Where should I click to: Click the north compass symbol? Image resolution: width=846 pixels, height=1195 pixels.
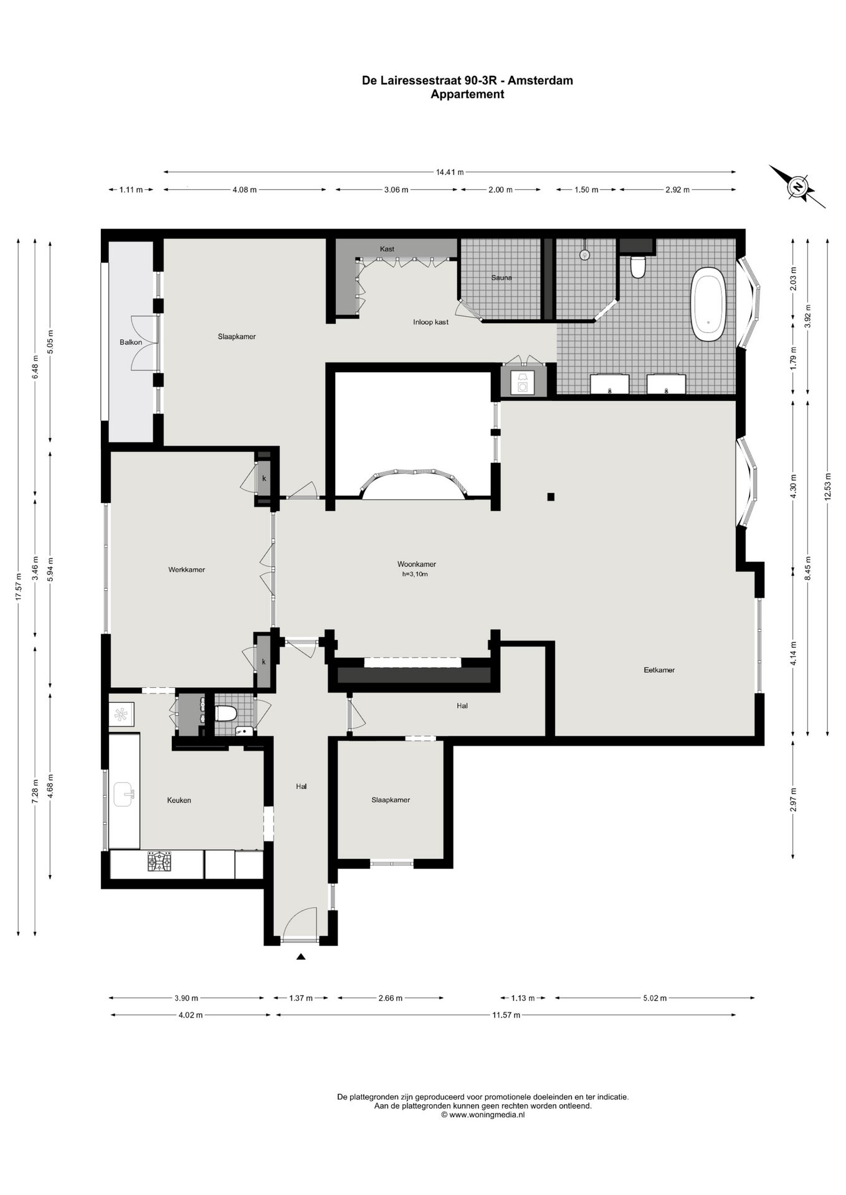click(x=797, y=187)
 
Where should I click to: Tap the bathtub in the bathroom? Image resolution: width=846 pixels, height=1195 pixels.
click(x=708, y=304)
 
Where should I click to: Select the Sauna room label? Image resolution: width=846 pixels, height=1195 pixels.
click(x=501, y=278)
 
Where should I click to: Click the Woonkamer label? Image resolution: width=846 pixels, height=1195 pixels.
click(x=417, y=565)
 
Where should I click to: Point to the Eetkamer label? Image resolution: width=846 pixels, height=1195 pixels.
click(x=659, y=670)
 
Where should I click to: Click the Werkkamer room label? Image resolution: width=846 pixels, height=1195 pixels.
click(x=186, y=569)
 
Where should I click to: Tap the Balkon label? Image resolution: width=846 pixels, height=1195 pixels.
click(x=131, y=342)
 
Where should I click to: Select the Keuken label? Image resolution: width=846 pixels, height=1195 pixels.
click(x=179, y=800)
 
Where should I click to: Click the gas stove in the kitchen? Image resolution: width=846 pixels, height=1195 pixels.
click(x=159, y=861)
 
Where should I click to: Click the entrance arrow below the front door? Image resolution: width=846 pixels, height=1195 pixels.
click(x=301, y=957)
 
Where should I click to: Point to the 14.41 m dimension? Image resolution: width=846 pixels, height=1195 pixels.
click(x=450, y=172)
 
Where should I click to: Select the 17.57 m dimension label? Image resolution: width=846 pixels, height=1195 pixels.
click(x=19, y=586)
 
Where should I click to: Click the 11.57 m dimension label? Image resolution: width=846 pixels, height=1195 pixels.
click(x=506, y=1015)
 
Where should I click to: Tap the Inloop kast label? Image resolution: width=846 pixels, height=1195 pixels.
click(x=430, y=322)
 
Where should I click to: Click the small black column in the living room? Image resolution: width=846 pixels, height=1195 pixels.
click(x=551, y=497)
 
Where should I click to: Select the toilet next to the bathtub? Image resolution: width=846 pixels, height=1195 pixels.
click(x=638, y=266)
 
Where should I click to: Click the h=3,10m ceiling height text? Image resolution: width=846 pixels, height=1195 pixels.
click(x=415, y=574)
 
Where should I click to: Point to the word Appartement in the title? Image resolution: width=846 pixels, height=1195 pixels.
click(x=467, y=95)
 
